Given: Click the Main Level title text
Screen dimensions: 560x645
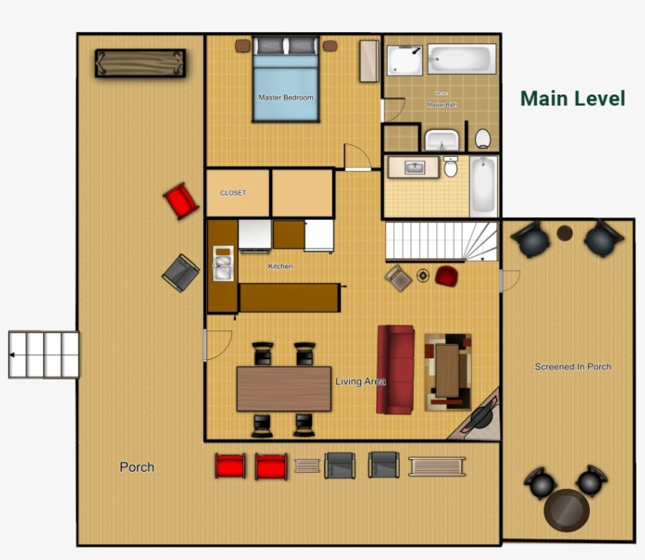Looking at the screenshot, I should coord(573,98).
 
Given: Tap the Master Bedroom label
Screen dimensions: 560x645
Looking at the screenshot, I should coord(286,98).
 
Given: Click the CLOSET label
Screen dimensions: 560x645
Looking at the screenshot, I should coord(233,193).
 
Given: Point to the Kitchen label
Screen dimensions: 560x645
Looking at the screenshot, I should coord(280,266).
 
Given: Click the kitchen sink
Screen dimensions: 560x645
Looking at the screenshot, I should coord(223,264).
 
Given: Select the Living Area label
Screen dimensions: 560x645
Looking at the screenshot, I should coord(360,382).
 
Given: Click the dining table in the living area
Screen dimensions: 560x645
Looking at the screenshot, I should coord(284,388).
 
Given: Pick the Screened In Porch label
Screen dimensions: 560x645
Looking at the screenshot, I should coord(573,366).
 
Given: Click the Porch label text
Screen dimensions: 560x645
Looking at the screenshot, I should coord(137,467).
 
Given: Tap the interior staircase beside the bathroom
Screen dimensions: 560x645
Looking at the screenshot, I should coord(440,241).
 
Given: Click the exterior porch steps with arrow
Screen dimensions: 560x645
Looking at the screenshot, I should coord(44,354).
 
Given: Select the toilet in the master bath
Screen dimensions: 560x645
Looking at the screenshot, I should coord(483,139).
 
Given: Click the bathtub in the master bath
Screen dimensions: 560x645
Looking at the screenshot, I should coord(462,58).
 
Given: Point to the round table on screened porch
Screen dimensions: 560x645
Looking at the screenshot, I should coord(566,510).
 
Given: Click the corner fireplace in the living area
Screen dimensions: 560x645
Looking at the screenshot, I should coord(481,420).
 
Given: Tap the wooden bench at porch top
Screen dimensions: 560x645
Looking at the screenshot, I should coord(140,63).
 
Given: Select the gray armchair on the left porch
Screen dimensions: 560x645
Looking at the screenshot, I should coord(181,273).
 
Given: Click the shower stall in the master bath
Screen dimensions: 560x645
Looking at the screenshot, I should coord(404,59).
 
